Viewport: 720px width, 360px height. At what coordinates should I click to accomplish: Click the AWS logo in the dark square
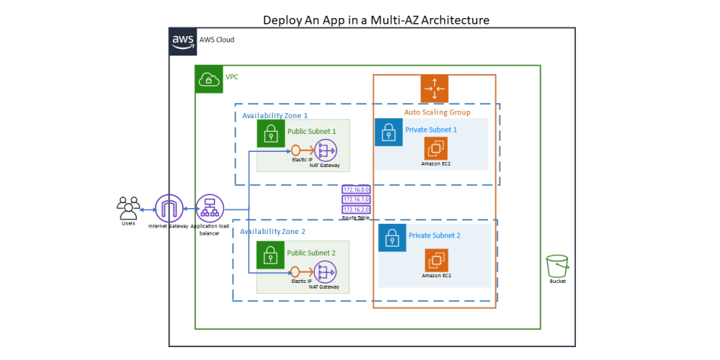point(183,41)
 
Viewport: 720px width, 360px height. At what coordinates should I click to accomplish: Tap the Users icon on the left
point(128,208)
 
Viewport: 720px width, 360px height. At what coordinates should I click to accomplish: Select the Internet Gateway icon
point(169,209)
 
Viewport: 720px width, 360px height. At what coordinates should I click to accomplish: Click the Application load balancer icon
point(210,209)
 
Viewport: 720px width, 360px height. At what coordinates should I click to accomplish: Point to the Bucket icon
point(557,266)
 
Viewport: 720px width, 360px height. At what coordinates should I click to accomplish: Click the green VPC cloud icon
point(209,79)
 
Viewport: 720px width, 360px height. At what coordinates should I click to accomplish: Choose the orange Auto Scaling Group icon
point(434,89)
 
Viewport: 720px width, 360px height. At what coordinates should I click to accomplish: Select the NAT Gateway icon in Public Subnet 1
point(327,150)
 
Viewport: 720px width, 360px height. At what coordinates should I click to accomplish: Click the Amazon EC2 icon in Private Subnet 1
point(436,148)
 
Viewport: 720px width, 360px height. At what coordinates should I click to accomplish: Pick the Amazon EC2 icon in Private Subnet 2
point(436,261)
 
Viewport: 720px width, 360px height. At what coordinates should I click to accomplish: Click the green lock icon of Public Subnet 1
point(271,133)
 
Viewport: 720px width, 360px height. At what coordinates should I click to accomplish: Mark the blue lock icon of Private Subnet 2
point(392,238)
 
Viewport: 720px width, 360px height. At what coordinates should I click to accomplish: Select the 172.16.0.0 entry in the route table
point(356,189)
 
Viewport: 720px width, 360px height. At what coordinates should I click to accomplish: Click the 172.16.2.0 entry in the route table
point(356,209)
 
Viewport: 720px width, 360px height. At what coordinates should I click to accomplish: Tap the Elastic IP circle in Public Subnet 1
point(295,150)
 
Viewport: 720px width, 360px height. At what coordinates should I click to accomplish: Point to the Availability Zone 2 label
point(273,232)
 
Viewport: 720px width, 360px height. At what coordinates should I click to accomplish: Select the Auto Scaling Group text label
point(437,112)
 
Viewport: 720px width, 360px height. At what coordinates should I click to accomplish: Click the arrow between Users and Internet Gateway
point(148,210)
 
